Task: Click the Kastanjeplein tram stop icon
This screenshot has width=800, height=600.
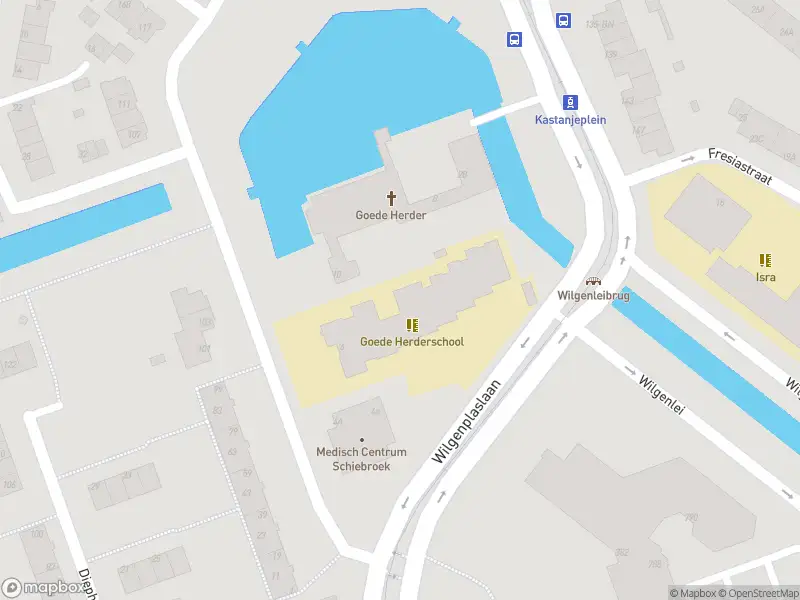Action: point(570,102)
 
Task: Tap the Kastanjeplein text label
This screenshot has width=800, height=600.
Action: point(570,119)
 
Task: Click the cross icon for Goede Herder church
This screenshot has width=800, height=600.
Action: point(391,198)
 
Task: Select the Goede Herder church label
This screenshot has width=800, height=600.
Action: point(391,215)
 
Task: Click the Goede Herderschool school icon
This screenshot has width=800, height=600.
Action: point(412,324)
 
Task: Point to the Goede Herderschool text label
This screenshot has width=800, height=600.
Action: point(412,342)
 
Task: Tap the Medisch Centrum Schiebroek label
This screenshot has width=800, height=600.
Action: point(361,459)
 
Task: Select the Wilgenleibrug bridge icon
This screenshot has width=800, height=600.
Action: point(594,281)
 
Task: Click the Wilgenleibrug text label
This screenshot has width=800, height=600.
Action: point(594,296)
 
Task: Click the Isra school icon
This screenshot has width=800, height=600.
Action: point(765,260)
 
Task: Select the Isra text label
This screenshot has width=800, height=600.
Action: point(765,277)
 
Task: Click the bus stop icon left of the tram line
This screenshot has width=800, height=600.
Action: point(514,40)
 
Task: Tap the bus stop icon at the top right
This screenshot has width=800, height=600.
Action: point(564,19)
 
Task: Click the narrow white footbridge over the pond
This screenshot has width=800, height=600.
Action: point(505,111)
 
